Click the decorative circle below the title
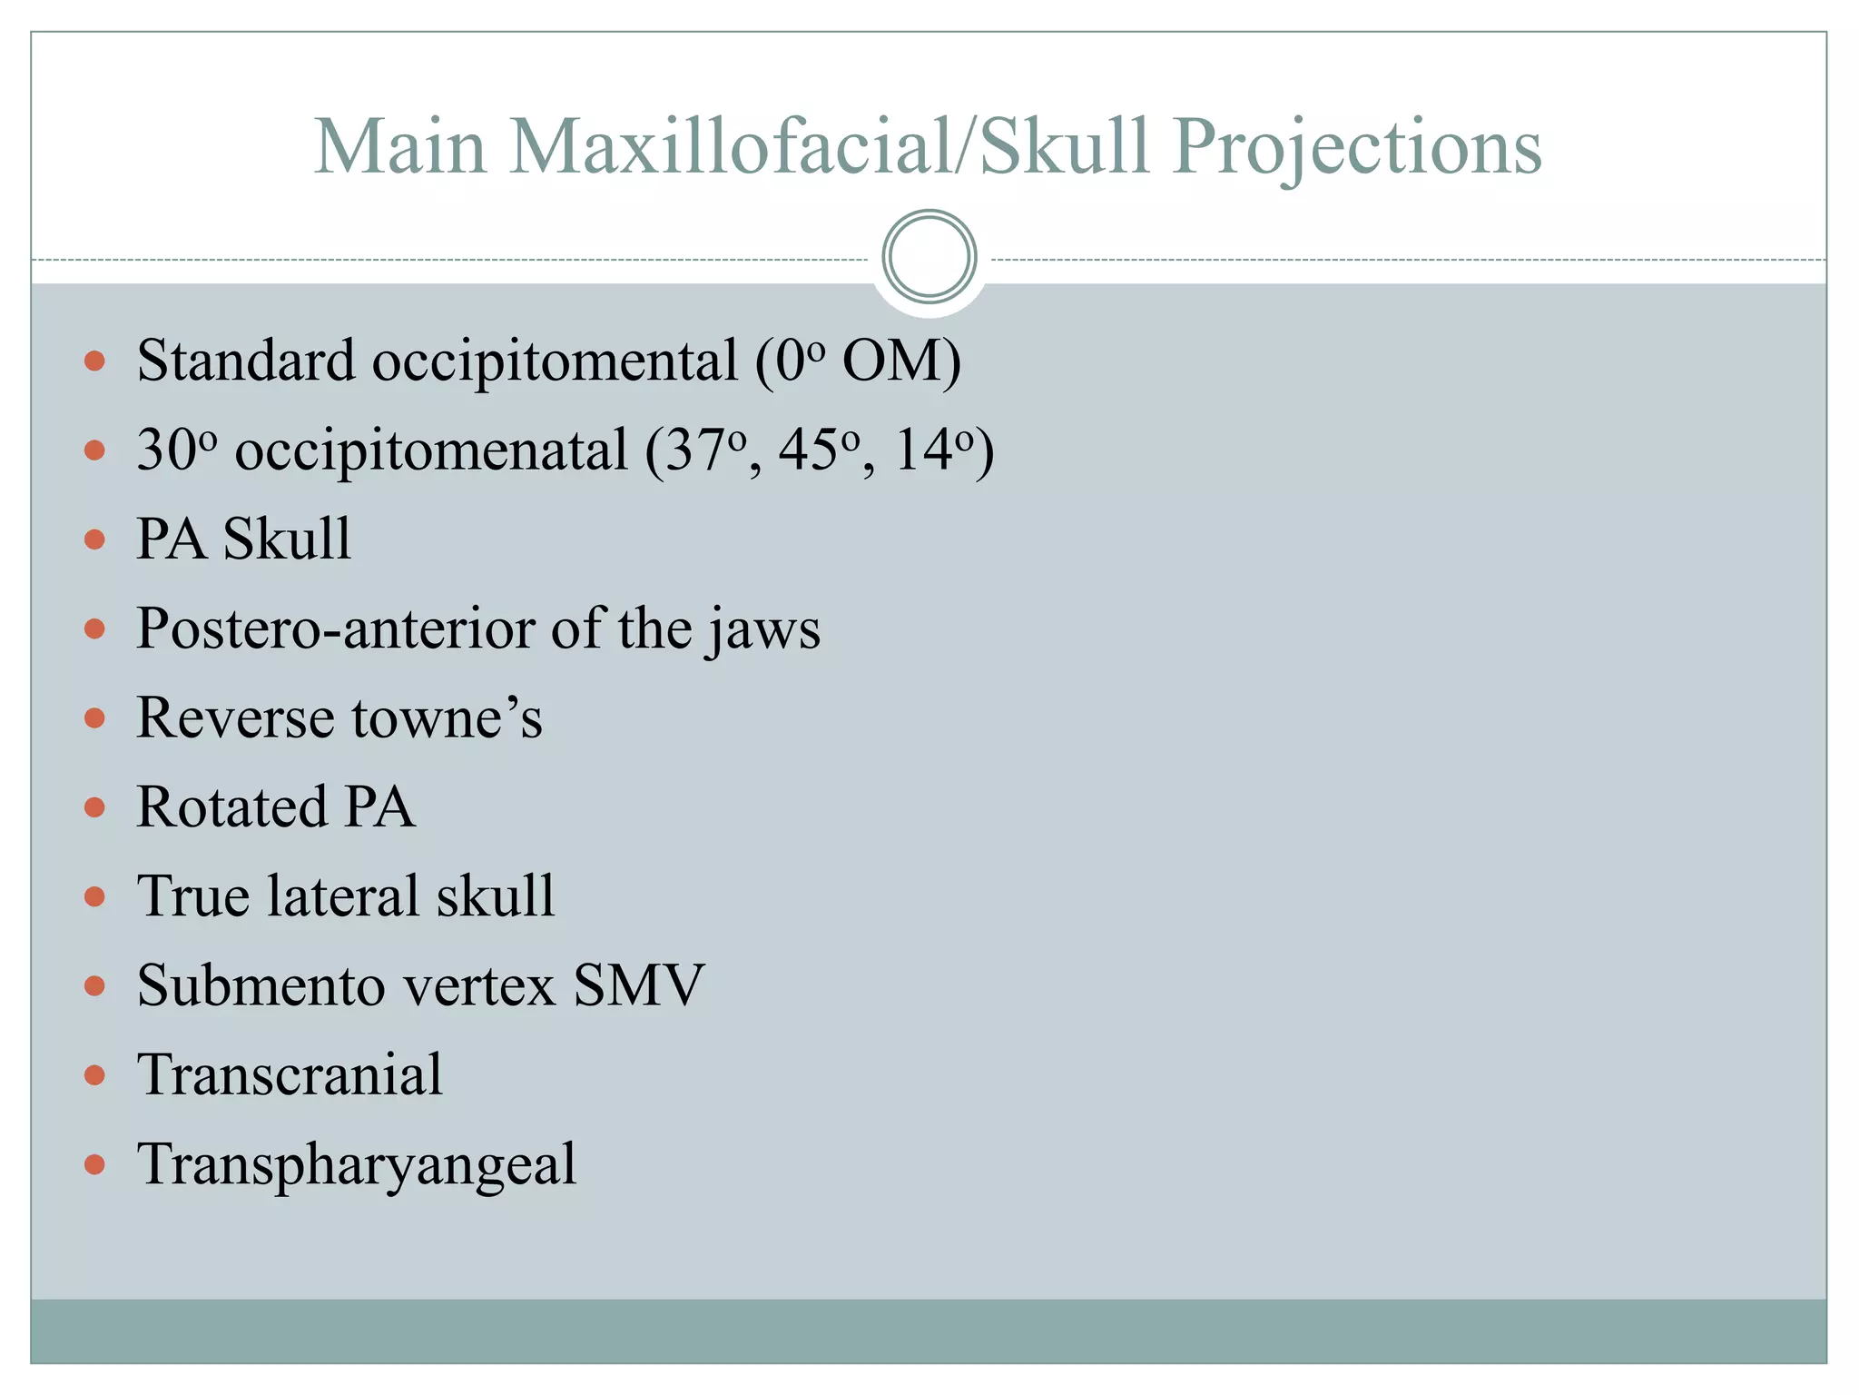[929, 257]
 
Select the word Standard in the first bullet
[245, 361]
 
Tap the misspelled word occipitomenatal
[431, 451]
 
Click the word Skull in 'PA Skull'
[287, 539]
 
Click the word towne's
[447, 718]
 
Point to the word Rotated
[231, 806]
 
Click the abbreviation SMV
[639, 985]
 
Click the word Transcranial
[290, 1074]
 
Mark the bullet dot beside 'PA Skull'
[94, 540]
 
